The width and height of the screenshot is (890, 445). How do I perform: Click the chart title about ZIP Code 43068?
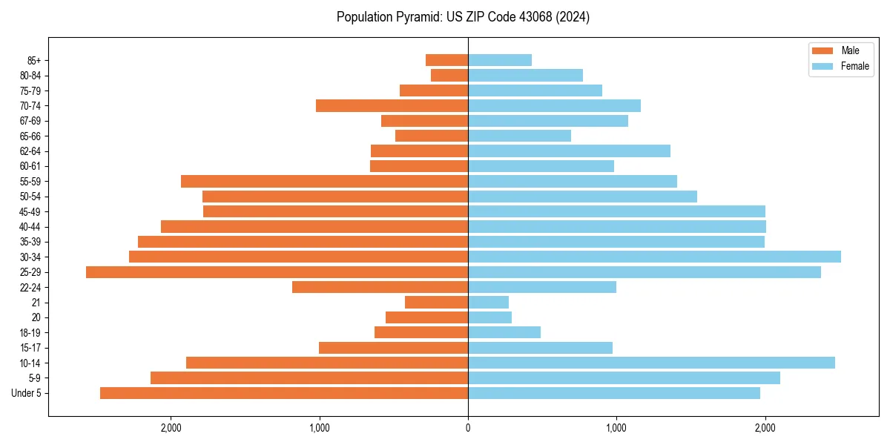(463, 17)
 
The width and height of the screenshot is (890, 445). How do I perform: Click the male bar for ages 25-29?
(277, 272)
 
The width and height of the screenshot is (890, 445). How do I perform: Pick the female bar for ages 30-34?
(654, 257)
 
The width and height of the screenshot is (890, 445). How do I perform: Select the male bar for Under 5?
(284, 393)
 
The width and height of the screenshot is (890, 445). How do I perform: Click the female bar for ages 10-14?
(651, 363)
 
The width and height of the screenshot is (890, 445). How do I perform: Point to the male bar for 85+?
(446, 60)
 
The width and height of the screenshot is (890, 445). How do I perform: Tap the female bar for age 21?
(488, 303)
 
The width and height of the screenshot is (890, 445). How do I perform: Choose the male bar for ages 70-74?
(392, 105)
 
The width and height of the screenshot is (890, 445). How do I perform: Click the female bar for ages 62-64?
(569, 151)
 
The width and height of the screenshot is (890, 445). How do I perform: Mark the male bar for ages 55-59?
(324, 181)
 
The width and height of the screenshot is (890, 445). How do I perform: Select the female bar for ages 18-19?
(504, 332)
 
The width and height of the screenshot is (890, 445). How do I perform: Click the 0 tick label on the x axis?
(468, 428)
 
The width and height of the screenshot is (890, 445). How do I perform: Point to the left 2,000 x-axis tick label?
(171, 428)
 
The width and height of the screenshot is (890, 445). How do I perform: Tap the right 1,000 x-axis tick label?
(616, 428)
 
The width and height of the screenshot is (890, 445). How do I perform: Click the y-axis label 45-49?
(30, 211)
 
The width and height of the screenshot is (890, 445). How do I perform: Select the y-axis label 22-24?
(30, 287)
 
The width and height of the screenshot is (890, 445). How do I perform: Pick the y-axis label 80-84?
(30, 76)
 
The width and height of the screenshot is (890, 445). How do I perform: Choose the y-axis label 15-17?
(30, 348)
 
